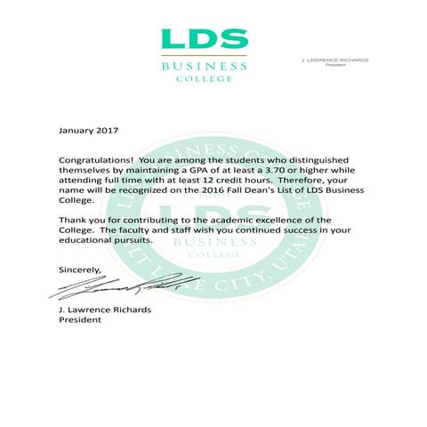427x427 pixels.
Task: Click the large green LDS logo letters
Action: (204, 39)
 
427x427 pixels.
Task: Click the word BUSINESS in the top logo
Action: (204, 66)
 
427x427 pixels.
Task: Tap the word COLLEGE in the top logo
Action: (204, 78)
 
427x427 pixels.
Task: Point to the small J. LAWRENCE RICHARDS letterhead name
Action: (335, 60)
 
